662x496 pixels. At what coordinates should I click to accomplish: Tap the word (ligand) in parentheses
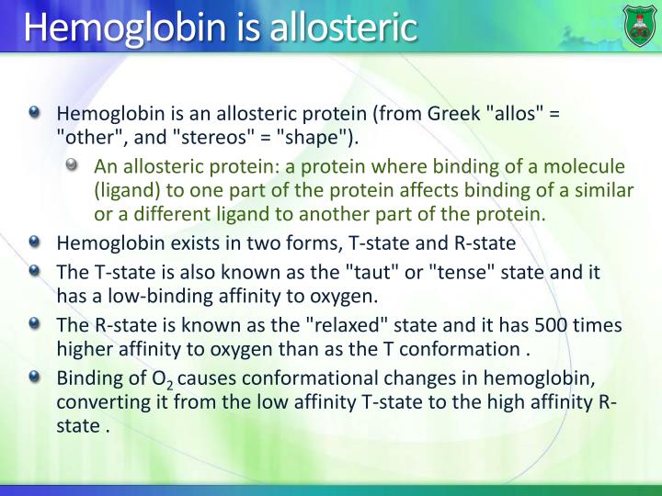click(125, 190)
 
